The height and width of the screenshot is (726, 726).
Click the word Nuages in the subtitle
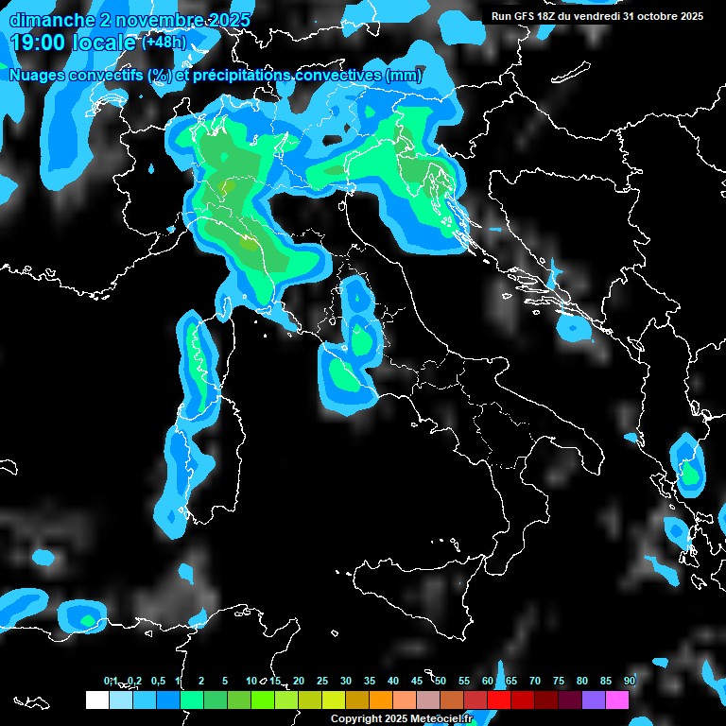pos(39,75)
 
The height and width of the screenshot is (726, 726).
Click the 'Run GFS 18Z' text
pos(526,16)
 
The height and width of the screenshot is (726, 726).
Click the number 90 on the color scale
pos(630,682)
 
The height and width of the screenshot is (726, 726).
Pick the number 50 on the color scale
pos(441,682)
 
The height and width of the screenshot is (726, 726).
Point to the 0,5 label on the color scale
pos(158,682)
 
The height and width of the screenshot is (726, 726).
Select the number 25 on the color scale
pos(322,682)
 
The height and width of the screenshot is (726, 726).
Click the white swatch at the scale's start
pos(96,700)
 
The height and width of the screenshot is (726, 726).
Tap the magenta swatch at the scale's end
pos(616,700)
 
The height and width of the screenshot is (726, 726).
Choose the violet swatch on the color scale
pos(593,700)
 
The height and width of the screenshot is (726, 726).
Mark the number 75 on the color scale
pos(559,682)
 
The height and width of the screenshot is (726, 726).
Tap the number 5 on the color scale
pos(225,682)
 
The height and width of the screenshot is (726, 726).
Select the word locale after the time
pos(103,43)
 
